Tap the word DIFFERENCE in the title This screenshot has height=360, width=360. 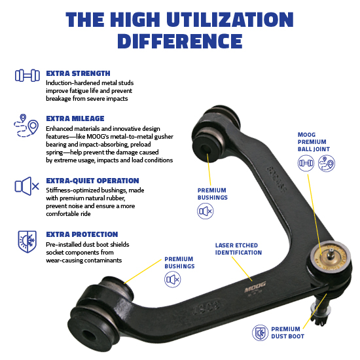point(180,41)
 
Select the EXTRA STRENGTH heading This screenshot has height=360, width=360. point(78,73)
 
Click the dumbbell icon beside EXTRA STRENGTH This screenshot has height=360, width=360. point(24,76)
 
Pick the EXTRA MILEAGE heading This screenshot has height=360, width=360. point(74,118)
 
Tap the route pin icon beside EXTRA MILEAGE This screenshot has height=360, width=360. point(24,126)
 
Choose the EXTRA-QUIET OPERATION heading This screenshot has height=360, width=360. point(92,181)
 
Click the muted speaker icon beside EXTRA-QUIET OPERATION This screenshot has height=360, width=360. point(24,187)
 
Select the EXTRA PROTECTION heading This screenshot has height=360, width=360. point(82,234)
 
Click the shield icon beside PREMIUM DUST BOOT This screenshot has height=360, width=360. point(261,333)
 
